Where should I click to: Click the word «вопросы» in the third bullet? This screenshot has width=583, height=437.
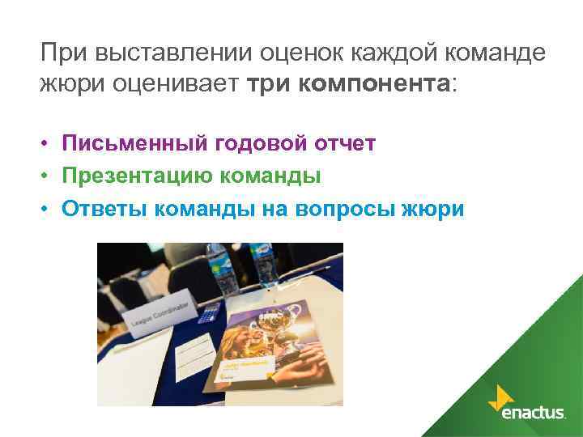coord(339,209)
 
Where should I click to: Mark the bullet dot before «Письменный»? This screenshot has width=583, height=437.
coord(49,145)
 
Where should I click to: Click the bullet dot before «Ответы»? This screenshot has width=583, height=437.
coord(49,210)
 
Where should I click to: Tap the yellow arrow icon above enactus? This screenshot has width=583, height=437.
coord(501,396)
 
